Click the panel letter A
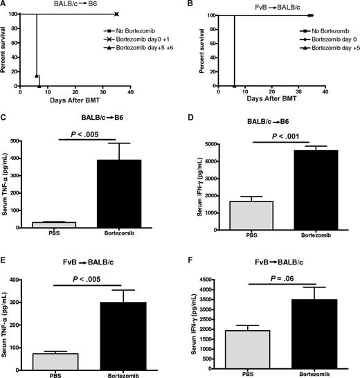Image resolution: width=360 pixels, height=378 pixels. [5, 5]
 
